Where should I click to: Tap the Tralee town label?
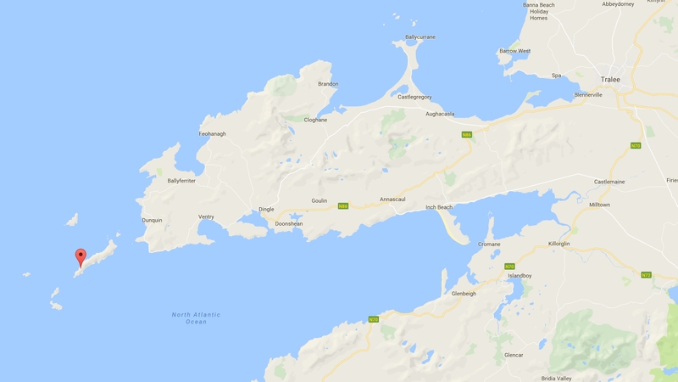[x=610, y=80]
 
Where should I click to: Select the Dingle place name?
[x=266, y=210]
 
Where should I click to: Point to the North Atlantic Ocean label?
[x=196, y=318]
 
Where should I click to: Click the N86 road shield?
[x=343, y=206]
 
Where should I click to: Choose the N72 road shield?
[x=646, y=275]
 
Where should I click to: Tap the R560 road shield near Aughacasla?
[x=466, y=135]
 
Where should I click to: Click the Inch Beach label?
[x=438, y=207]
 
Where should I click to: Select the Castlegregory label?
[x=415, y=98]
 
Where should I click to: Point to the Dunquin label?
[x=152, y=221]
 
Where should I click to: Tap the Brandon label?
[x=328, y=84]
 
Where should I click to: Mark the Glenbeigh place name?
[x=464, y=294]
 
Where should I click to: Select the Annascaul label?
[x=392, y=199]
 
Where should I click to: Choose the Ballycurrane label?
[x=420, y=37]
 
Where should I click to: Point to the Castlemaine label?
[x=609, y=182]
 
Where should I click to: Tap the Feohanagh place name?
[x=212, y=134]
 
